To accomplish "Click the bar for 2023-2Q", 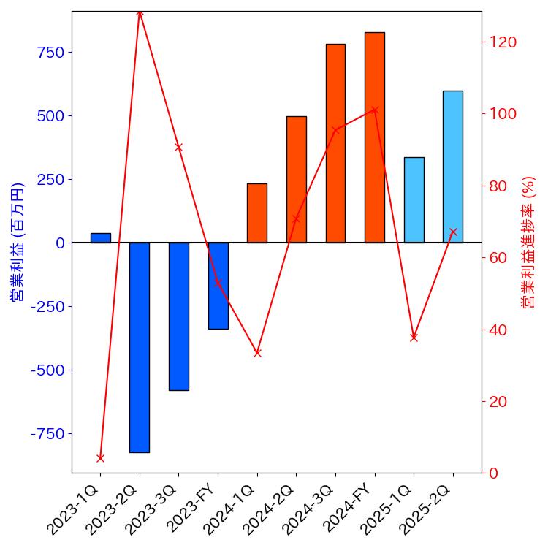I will pyautogui.click(x=140, y=347).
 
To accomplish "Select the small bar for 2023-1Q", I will pyautogui.click(x=100, y=237).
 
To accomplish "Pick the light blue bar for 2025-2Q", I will pyautogui.click(x=452, y=167).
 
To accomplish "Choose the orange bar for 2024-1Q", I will pyautogui.click(x=257, y=213).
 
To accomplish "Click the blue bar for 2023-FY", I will pyautogui.click(x=218, y=286).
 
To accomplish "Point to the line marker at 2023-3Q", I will pyautogui.click(x=178, y=148).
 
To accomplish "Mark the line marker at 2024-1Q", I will pyautogui.click(x=257, y=353).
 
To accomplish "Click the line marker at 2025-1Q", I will pyautogui.click(x=414, y=338).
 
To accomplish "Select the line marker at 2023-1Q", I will pyautogui.click(x=100, y=458).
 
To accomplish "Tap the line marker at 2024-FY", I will pyautogui.click(x=374, y=110).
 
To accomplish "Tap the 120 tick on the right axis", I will pyautogui.click(x=503, y=42).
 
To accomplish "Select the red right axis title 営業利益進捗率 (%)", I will pyautogui.click(x=529, y=243).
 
